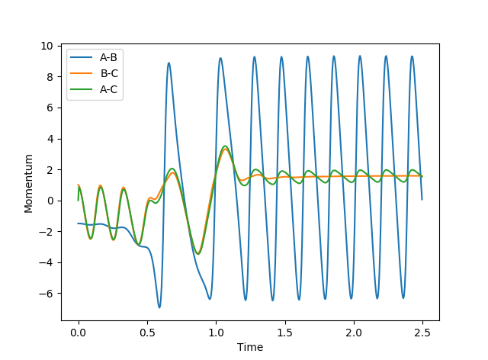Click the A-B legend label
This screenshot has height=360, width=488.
[x=108, y=56]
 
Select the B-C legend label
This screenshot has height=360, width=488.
[x=108, y=72]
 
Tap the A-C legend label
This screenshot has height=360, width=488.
[x=108, y=88]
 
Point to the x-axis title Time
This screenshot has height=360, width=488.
[x=250, y=347]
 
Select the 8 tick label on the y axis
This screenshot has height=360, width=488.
[x=50, y=77]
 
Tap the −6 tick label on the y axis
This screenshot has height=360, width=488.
[x=47, y=294]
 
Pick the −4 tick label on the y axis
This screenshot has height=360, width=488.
[x=47, y=262]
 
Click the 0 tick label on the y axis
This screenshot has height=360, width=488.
[x=50, y=201]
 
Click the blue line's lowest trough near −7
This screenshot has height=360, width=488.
[x=159, y=307]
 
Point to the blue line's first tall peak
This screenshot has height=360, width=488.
[x=169, y=63]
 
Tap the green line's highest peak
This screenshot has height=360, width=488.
[x=225, y=146]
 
